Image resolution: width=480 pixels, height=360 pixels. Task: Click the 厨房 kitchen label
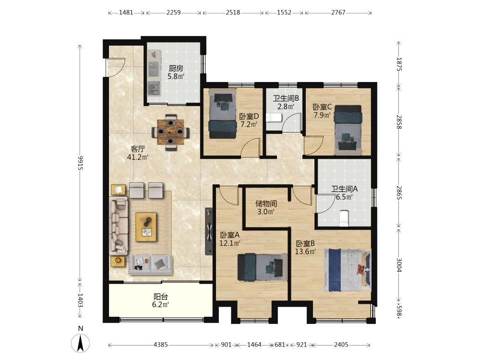(x=176, y=69)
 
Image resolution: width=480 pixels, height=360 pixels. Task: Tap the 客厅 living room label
(x=137, y=149)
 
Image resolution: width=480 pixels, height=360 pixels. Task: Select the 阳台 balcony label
(x=161, y=297)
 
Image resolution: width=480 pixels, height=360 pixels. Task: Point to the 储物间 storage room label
(x=266, y=204)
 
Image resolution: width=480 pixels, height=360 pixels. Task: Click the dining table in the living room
(x=170, y=132)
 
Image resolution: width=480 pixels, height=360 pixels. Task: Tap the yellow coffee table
(x=146, y=227)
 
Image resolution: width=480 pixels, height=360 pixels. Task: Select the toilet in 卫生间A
(x=344, y=218)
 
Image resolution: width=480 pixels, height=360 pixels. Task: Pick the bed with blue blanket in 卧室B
(x=348, y=270)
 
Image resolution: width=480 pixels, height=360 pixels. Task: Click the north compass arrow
(x=81, y=343)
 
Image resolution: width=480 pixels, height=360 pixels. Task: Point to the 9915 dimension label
(x=80, y=163)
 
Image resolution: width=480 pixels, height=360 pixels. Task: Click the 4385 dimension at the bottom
(x=161, y=345)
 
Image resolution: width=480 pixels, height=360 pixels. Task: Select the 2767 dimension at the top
(x=338, y=12)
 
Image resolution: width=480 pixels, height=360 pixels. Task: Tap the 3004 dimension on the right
(x=399, y=265)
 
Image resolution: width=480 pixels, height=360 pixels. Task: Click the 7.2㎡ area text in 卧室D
(x=249, y=125)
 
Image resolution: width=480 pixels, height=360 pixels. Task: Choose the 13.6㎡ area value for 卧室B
(x=305, y=252)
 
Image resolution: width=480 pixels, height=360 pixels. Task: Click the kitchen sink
(x=154, y=89)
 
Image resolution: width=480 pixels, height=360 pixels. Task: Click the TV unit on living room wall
(x=209, y=231)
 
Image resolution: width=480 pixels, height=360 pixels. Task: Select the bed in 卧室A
(x=263, y=267)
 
